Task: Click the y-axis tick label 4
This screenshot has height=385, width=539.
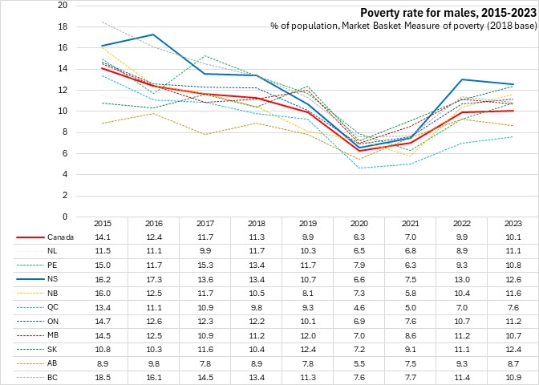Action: (x=65, y=174)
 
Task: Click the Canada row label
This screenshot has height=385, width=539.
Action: (x=61, y=237)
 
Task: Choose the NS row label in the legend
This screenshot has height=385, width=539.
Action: (x=54, y=278)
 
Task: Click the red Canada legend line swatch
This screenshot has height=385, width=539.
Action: (x=29, y=237)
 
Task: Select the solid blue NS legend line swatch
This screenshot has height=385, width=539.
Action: (x=29, y=278)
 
